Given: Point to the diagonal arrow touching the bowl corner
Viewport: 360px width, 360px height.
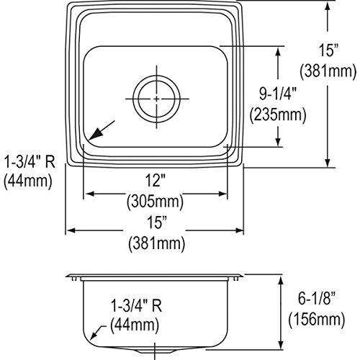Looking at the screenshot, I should pos(101,131).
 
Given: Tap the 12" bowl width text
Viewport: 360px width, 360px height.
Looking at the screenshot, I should pos(155,180).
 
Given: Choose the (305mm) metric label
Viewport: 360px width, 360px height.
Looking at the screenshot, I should pos(155,201).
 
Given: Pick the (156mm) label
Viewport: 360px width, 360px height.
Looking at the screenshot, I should pos(318,317).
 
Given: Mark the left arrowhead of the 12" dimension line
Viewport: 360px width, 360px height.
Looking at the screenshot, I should pos(88,193).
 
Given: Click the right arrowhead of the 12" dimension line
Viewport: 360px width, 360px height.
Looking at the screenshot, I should pos(226,193).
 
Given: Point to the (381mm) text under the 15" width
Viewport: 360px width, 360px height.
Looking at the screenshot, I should pos(155,243).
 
